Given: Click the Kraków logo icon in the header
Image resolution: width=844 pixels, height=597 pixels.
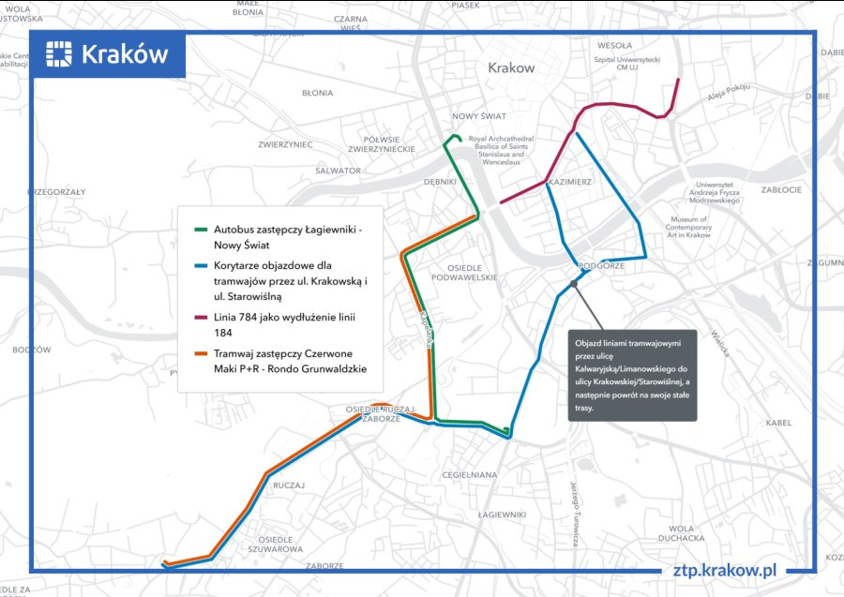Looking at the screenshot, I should pyautogui.click(x=59, y=54).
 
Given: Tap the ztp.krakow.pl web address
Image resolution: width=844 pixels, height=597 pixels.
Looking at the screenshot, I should pyautogui.click(x=726, y=569).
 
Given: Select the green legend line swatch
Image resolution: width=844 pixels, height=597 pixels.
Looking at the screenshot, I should pyautogui.click(x=201, y=229).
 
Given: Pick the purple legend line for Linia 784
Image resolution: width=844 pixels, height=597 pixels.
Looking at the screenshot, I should pyautogui.click(x=201, y=318).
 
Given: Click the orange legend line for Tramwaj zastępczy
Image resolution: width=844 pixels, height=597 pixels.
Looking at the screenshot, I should pyautogui.click(x=201, y=353).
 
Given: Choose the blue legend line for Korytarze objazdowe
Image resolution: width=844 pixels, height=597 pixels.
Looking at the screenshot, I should pyautogui.click(x=201, y=265).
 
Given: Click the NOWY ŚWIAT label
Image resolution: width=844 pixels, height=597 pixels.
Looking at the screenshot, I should pyautogui.click(x=478, y=116).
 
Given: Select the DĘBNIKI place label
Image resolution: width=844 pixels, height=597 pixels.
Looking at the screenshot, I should pyautogui.click(x=440, y=182).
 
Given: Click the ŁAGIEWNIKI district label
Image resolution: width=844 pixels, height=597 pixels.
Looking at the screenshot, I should pyautogui.click(x=502, y=515).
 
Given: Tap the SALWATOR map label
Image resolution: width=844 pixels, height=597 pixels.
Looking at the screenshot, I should pyautogui.click(x=338, y=171).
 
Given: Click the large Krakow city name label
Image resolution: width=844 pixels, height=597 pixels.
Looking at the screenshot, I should pyautogui.click(x=511, y=67).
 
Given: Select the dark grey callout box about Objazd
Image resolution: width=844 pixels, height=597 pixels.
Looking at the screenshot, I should pyautogui.click(x=632, y=375).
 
